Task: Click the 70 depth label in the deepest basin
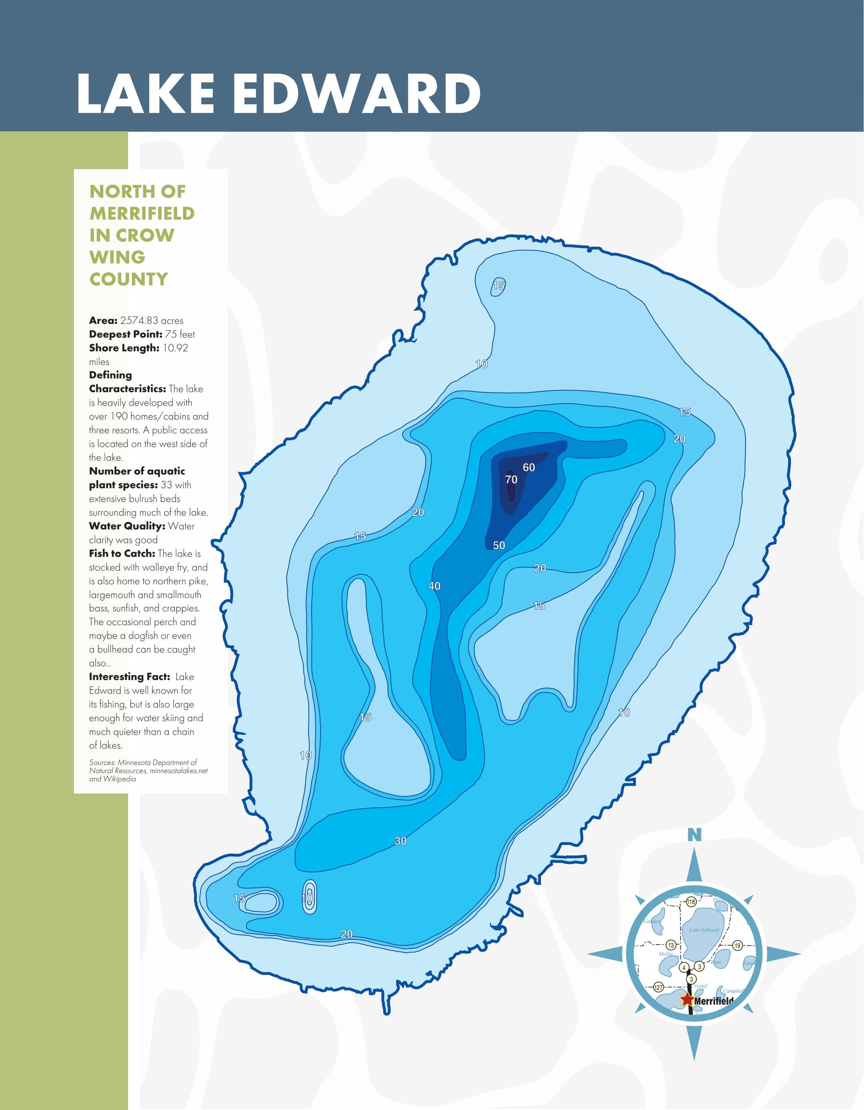point(511,479)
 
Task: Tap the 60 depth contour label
point(529,467)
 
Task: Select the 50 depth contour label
point(499,545)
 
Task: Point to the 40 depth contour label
point(434,586)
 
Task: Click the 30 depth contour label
point(401,841)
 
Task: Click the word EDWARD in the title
point(357,94)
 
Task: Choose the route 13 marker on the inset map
point(671,945)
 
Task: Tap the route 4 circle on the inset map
point(685,967)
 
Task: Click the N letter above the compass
point(695,835)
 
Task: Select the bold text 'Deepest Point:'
point(125,334)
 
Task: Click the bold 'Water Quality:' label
point(127,526)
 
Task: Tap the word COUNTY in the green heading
point(129,279)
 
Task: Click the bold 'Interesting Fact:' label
point(129,676)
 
